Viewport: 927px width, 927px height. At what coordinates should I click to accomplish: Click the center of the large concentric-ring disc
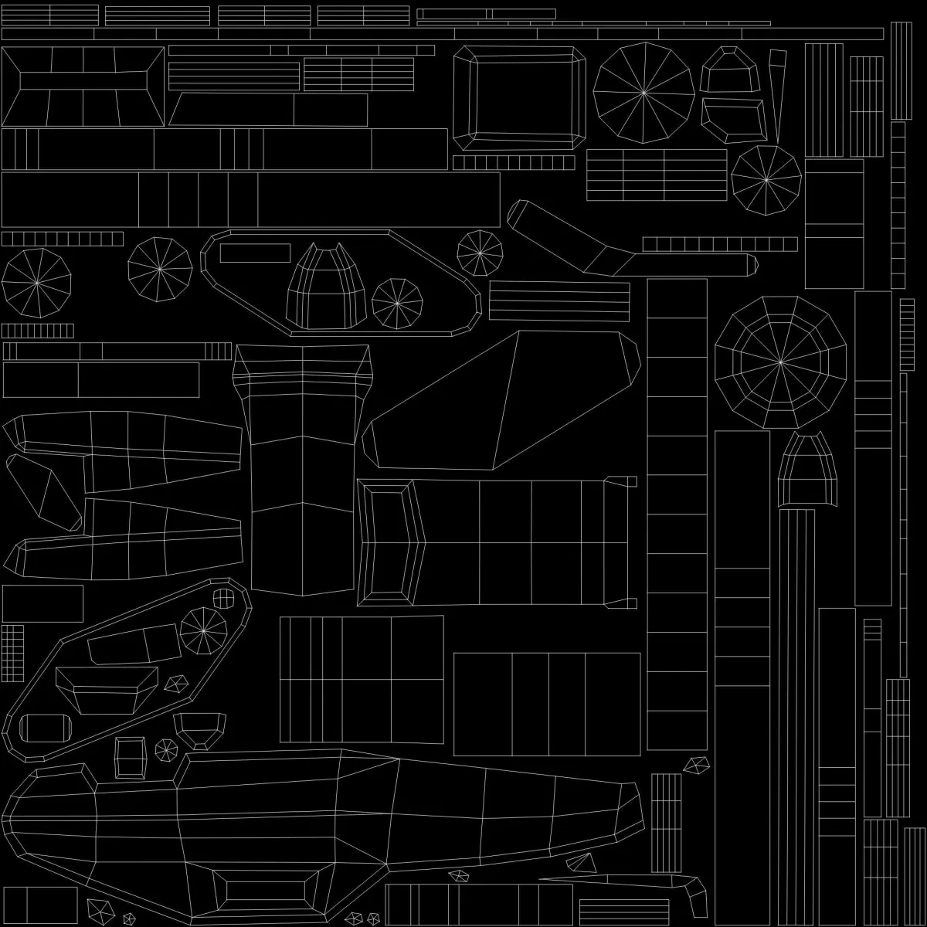point(780,361)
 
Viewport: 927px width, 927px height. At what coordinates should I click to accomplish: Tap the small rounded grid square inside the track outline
point(222,598)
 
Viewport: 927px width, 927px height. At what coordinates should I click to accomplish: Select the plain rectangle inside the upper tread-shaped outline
point(255,253)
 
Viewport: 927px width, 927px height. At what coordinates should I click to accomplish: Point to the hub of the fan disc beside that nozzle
point(397,304)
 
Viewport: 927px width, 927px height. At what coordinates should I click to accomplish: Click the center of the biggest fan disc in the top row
point(643,93)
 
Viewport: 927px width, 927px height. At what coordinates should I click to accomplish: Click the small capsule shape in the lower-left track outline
point(43,728)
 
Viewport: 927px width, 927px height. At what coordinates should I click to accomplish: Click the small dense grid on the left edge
point(12,654)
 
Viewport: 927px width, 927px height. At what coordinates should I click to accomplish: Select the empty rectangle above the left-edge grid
point(42,603)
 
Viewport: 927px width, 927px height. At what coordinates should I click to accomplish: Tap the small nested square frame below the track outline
point(131,758)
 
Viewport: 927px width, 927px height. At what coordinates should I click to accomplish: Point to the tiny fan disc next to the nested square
point(166,749)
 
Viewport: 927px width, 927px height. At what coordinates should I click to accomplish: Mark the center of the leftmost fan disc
point(36,284)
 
